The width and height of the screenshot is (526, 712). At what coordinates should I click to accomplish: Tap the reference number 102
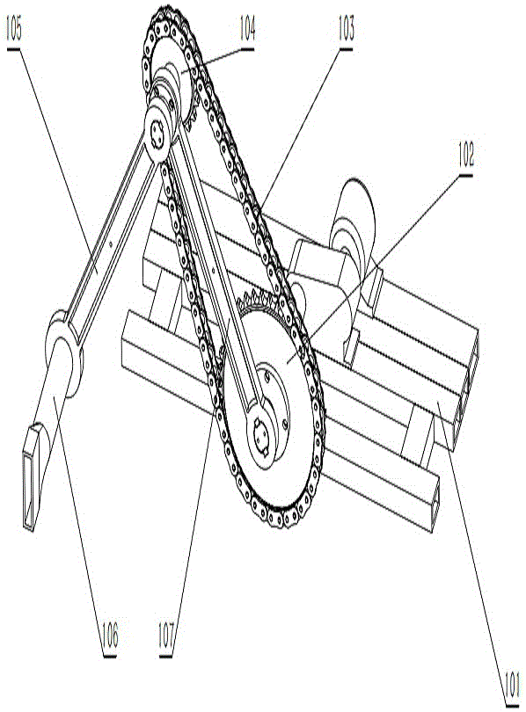[x=466, y=155]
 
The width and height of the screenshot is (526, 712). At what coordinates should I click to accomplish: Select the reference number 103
[x=347, y=28]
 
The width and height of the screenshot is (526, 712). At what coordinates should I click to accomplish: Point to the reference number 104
[x=247, y=28]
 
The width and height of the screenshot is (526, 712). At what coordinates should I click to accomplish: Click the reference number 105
[x=14, y=28]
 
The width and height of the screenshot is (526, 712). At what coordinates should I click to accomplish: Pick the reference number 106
[x=109, y=635]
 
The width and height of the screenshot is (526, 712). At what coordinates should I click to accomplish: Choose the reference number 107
[x=166, y=635]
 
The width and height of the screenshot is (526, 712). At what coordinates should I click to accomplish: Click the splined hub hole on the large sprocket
[x=261, y=434]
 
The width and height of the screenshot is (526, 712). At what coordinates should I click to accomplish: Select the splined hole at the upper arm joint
[x=157, y=134]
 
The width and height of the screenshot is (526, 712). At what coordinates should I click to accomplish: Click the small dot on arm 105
[x=110, y=243]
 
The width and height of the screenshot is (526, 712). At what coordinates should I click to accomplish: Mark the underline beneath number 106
[x=109, y=656]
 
